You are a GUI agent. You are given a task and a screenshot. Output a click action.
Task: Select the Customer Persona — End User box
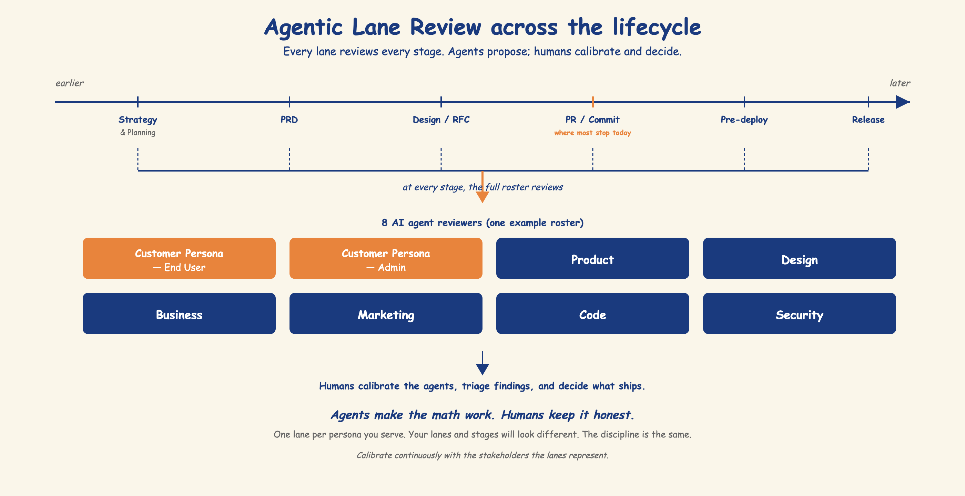179,258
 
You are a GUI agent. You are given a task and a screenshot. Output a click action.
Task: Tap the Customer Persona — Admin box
386,258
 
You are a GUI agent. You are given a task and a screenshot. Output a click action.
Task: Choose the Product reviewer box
593,258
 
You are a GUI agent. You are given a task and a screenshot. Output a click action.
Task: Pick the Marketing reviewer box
386,313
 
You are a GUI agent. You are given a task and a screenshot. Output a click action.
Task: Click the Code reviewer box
593,313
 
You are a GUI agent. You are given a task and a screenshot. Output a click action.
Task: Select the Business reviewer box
179,313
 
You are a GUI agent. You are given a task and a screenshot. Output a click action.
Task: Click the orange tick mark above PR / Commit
593,102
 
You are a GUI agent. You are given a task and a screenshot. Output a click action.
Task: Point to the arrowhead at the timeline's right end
903,102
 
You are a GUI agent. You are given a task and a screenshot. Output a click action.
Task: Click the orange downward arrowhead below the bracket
482,197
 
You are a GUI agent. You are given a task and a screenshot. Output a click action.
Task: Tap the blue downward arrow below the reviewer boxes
482,363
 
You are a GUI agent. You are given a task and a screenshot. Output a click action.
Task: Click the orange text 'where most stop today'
593,133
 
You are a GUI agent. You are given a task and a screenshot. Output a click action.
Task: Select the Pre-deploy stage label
744,120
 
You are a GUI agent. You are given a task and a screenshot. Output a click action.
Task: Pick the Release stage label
868,120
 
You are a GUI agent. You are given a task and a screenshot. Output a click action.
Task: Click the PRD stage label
289,120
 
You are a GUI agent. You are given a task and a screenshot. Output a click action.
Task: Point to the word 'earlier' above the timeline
70,83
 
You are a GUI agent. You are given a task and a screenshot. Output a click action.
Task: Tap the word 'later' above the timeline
900,83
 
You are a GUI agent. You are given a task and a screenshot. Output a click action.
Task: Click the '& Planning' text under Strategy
138,133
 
